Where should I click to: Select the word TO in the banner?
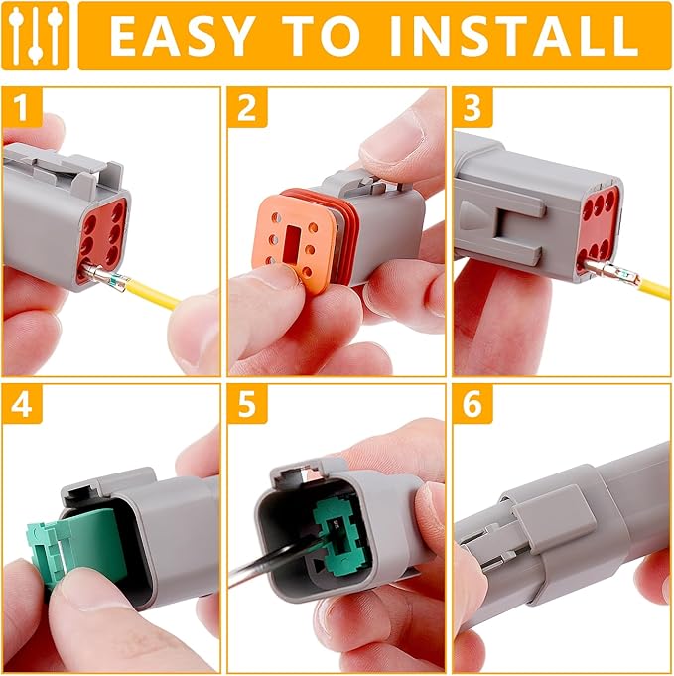point(327,35)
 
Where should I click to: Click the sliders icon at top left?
point(36,35)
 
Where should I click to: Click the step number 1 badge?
point(21,107)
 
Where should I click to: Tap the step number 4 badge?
point(21,403)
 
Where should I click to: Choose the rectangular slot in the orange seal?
point(295,229)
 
